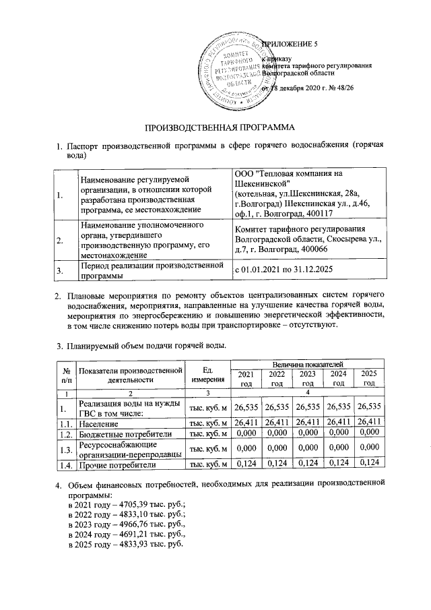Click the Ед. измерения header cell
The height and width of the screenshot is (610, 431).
[x=207, y=374]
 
